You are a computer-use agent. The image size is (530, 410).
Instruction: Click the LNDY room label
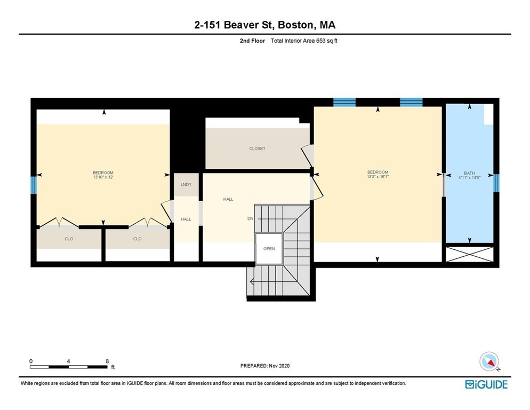coord(186,185)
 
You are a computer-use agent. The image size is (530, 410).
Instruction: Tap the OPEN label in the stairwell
coord(269,249)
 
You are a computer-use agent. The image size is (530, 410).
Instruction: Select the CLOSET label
coord(257,148)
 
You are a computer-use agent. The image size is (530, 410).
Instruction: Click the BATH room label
coord(469,173)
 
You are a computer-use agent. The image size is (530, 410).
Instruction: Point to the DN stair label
coord(250,218)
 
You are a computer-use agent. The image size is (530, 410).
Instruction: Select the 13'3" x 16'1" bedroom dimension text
coord(378,177)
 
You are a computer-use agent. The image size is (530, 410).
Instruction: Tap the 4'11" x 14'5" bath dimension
coord(469,178)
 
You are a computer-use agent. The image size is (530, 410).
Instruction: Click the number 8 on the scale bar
coord(107,361)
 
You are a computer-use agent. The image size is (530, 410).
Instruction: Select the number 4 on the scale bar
coord(69,361)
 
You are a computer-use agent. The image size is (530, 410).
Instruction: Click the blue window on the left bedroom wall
coord(34,185)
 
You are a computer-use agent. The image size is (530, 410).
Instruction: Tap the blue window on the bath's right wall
coord(496,183)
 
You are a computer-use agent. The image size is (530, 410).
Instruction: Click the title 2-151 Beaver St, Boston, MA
coord(265,25)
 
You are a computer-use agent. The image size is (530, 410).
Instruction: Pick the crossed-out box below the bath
coord(469,254)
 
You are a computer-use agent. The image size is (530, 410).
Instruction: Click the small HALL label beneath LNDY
coord(186,219)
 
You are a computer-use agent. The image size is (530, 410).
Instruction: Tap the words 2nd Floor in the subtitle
coord(252,40)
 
